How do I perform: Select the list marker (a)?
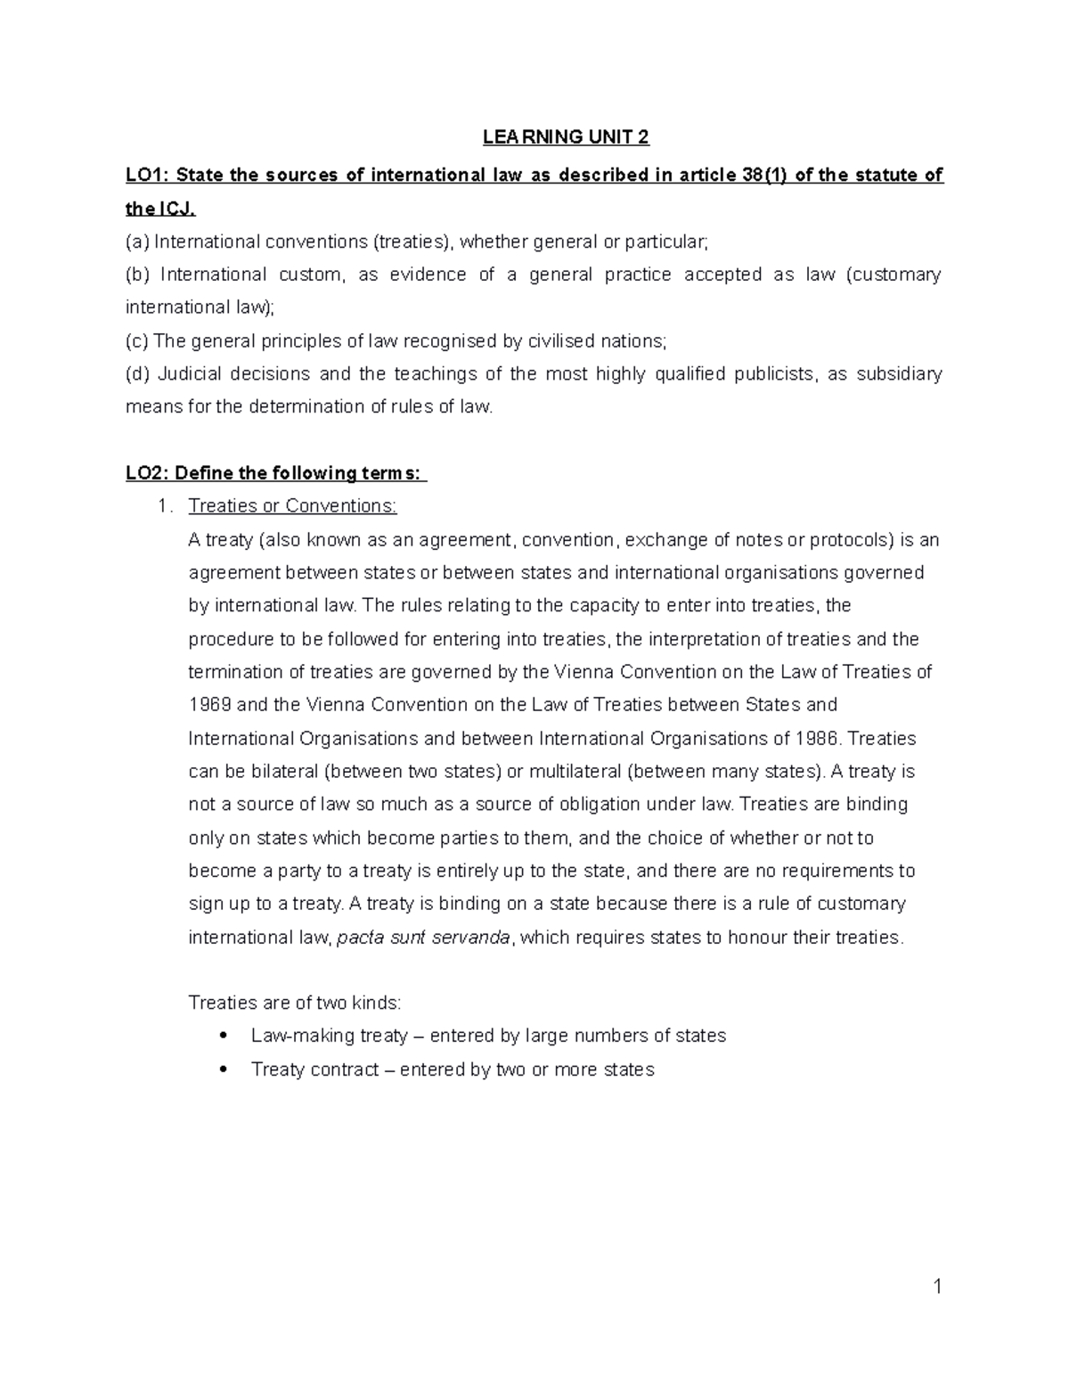(138, 242)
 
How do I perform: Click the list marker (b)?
(138, 274)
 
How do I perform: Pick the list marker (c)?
(138, 341)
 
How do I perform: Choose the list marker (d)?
(138, 374)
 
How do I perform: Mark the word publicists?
(774, 374)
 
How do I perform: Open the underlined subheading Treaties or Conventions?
(292, 506)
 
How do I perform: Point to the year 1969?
(210, 705)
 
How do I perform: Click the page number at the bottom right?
(936, 1286)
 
